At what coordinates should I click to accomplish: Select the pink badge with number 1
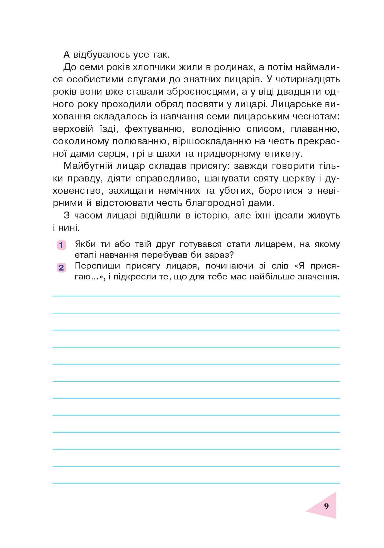click(x=61, y=245)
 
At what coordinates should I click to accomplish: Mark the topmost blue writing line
click(x=196, y=296)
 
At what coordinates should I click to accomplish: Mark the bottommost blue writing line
click(x=196, y=483)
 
